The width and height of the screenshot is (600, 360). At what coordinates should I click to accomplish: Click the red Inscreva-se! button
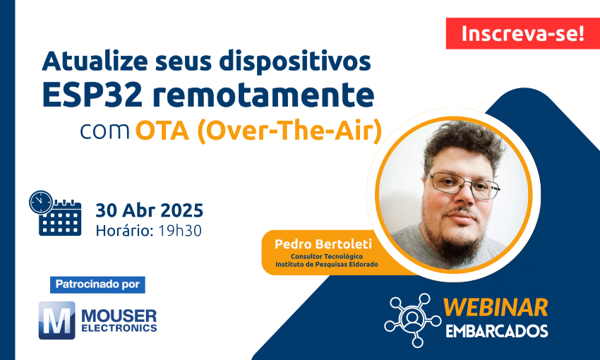pos(522,33)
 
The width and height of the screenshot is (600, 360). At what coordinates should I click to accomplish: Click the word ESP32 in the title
pos(92,95)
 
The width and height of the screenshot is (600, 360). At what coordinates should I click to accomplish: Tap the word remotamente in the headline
pos(263,95)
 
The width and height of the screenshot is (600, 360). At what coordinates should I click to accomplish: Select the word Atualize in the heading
pos(95,61)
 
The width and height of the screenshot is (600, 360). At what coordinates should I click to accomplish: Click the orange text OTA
pos(162,131)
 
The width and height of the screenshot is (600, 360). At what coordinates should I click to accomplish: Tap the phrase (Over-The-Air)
pos(289,131)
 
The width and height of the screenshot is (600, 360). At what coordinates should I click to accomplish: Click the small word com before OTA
pos(105,131)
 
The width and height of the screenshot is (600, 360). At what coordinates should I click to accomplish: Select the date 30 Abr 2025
pos(149,210)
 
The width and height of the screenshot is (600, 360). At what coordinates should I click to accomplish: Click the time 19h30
pos(180,231)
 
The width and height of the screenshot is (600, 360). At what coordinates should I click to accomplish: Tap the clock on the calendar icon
pos(41,203)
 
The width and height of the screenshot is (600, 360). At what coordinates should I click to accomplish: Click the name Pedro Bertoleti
pos(323,244)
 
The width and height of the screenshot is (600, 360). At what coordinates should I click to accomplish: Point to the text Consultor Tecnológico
pos(327,256)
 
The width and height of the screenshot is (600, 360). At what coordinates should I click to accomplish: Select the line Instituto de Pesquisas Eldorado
pos(327,265)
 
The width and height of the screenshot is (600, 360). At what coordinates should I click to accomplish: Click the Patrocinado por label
pos(97,284)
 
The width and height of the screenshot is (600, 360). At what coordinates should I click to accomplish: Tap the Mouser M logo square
pos(57,320)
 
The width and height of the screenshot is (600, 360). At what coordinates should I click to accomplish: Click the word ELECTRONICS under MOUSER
pos(119,328)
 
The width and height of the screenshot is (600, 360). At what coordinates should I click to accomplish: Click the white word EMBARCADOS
pos(497,331)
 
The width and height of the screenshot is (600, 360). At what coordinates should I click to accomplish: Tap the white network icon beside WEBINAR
pos(412,320)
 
